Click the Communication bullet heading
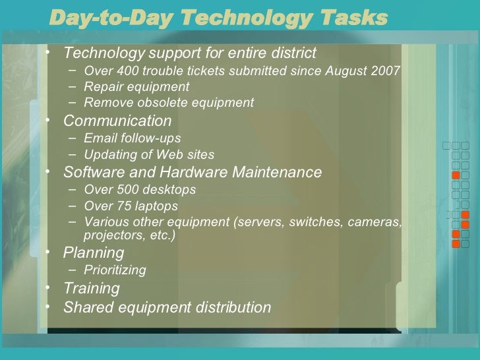(x=117, y=121)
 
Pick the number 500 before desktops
(x=125, y=191)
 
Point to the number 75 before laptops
(x=121, y=206)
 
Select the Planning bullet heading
(x=94, y=253)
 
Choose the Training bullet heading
(x=92, y=289)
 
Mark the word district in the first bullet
(x=292, y=52)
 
